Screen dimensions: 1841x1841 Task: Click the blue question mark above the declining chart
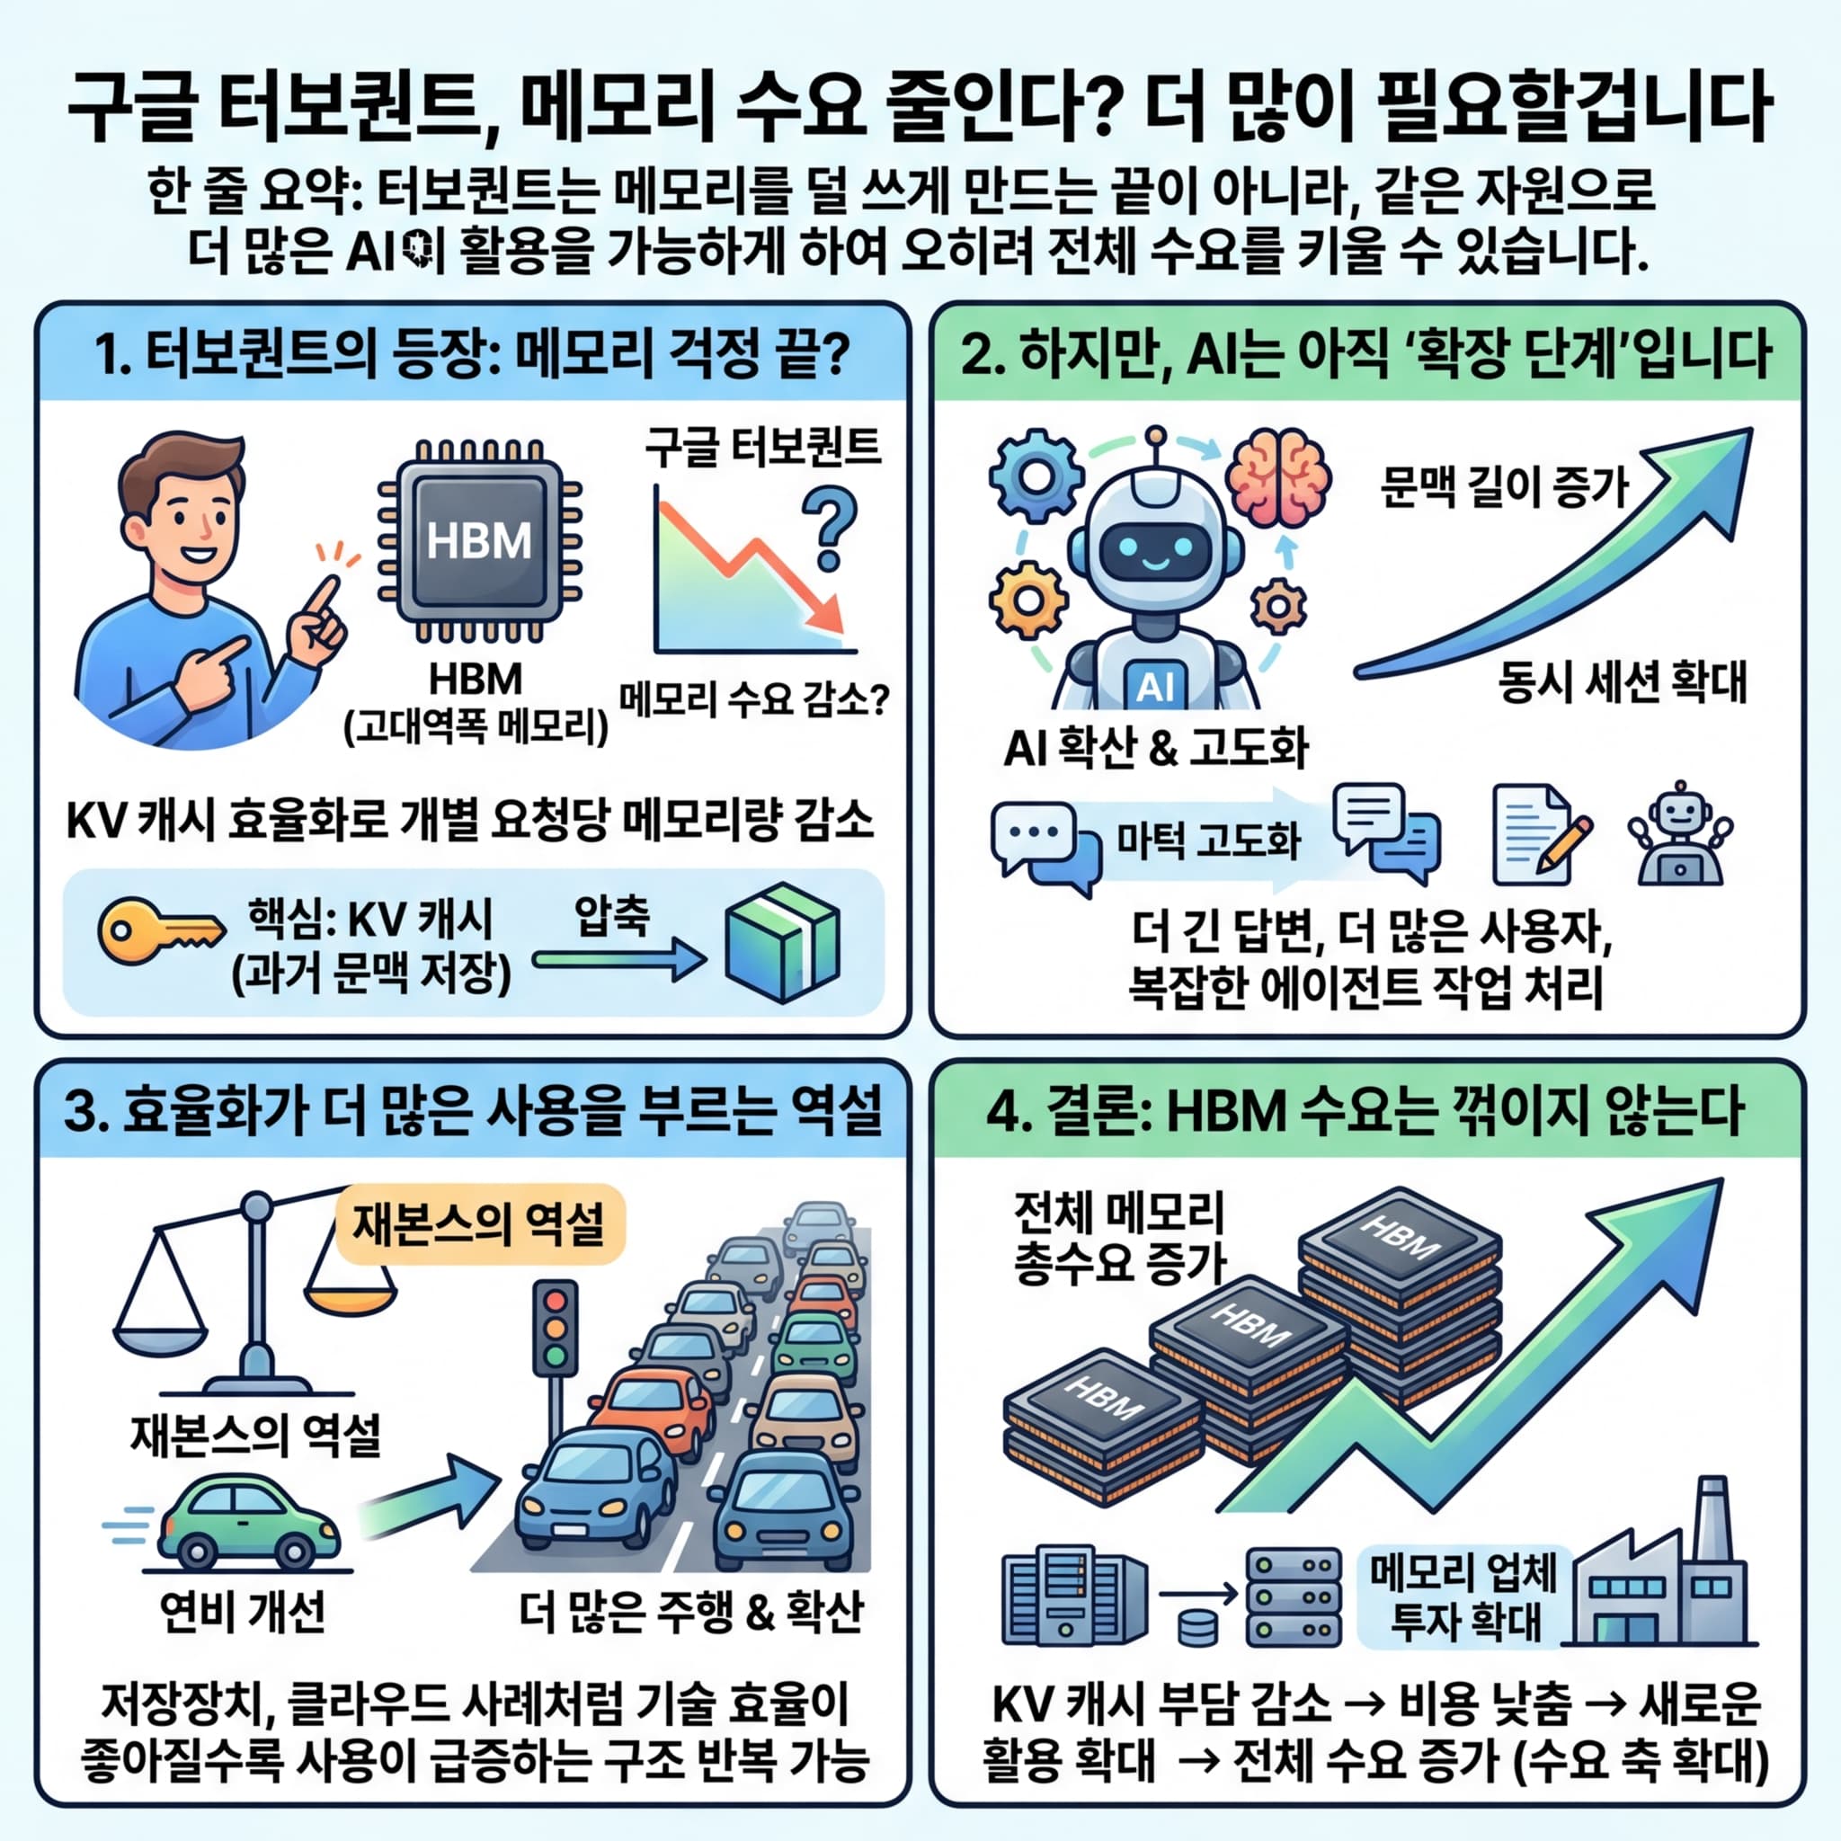pos(828,527)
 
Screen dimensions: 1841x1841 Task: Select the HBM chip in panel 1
pos(478,540)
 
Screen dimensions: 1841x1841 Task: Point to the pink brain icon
pos(1276,477)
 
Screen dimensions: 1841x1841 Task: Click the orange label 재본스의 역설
pos(479,1225)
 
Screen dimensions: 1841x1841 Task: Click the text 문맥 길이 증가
pos(1504,487)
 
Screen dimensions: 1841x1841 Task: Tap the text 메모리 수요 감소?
pos(753,700)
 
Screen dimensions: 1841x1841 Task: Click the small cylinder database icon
pos(1197,1626)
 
